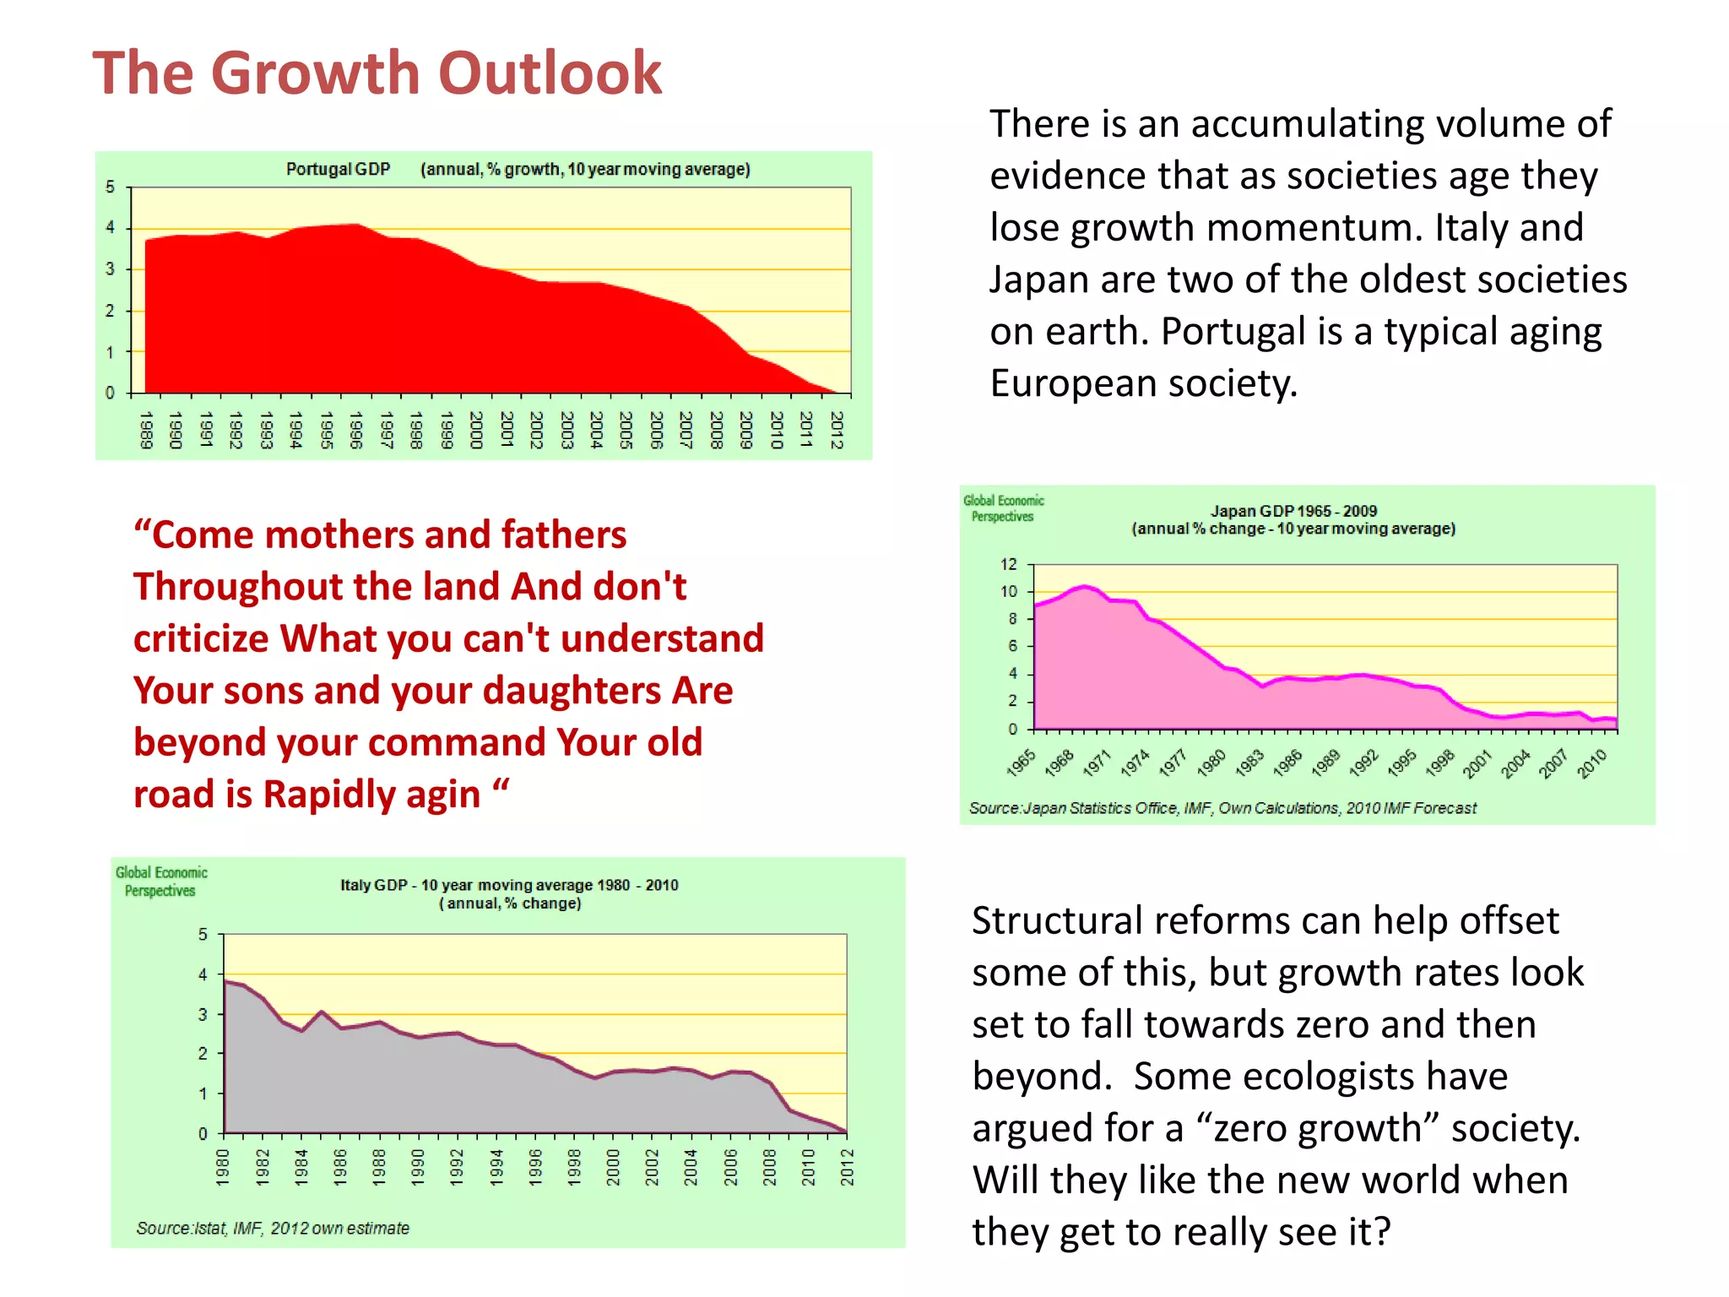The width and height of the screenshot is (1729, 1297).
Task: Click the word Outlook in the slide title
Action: point(550,73)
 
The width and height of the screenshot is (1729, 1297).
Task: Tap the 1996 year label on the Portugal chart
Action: point(355,430)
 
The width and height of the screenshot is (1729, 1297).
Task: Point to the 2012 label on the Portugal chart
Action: point(836,430)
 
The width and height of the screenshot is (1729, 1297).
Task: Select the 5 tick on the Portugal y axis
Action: point(110,187)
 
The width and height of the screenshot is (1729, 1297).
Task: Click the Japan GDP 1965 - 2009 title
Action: point(1293,511)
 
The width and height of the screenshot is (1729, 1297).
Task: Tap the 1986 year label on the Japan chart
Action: point(1287,762)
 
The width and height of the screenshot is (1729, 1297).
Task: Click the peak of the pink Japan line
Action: point(1085,585)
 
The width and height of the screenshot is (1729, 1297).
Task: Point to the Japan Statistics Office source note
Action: point(1222,808)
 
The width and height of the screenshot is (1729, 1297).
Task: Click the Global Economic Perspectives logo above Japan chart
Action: point(1003,508)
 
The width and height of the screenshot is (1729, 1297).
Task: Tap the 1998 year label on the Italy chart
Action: point(574,1167)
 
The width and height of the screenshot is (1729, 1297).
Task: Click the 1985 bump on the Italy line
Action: point(322,1011)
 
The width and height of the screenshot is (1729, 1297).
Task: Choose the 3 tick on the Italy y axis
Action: point(203,1014)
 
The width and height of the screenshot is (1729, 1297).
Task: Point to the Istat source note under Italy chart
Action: point(273,1228)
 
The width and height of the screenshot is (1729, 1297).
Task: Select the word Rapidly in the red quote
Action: point(371,795)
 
